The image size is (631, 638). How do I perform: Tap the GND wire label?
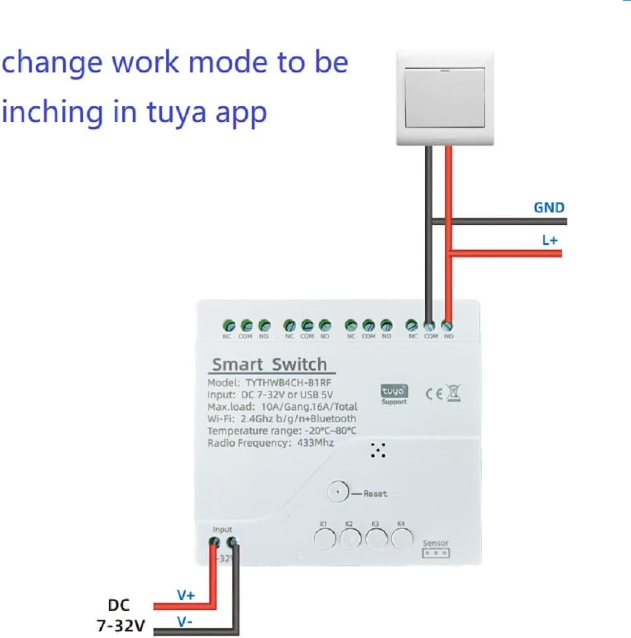pyautogui.click(x=549, y=208)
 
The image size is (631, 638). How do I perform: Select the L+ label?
pyautogui.click(x=549, y=240)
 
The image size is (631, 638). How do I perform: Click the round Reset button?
pyautogui.click(x=338, y=493)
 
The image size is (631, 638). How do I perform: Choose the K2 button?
pyautogui.click(x=349, y=538)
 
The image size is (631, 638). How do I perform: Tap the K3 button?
pyautogui.click(x=375, y=538)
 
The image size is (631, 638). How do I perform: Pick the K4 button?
pyautogui.click(x=401, y=538)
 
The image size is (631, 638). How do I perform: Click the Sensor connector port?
pyautogui.click(x=436, y=552)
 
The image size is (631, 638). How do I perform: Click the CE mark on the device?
pyautogui.click(x=434, y=393)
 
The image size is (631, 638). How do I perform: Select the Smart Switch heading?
pyautogui.click(x=269, y=364)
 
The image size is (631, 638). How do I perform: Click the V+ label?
pyautogui.click(x=185, y=596)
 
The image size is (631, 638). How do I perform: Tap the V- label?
pyautogui.click(x=185, y=622)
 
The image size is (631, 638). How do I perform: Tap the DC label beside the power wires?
pyautogui.click(x=120, y=605)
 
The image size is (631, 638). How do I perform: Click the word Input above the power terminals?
pyautogui.click(x=223, y=529)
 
